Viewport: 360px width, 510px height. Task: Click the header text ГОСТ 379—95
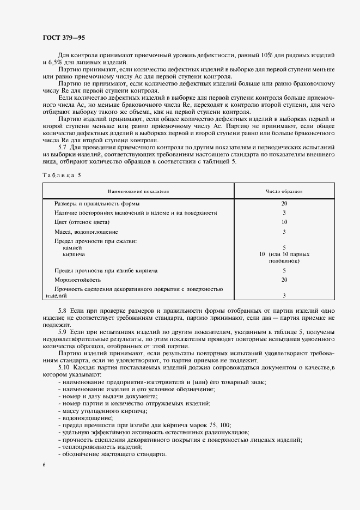64,37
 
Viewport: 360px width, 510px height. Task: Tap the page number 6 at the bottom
43,465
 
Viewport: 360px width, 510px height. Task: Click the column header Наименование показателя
138,192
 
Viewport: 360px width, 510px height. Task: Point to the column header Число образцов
284,192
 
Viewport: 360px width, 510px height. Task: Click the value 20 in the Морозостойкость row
284,280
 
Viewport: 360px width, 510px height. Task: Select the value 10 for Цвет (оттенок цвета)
284,222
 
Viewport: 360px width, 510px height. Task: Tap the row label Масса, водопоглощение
82,232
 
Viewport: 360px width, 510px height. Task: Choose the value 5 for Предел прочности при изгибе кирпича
284,270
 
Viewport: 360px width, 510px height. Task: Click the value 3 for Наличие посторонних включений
284,212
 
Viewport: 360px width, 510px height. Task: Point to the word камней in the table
73,247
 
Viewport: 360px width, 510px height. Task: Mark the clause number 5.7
63,147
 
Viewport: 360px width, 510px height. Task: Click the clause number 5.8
63,310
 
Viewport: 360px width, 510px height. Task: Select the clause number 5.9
63,331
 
